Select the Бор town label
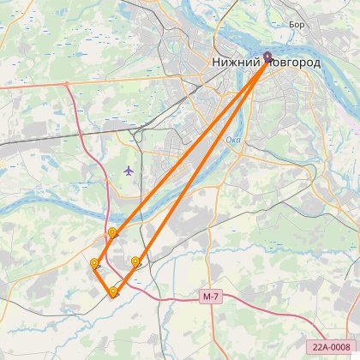click(297, 26)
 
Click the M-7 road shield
click(212, 296)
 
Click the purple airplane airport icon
click(129, 170)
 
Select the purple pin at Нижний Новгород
click(267, 57)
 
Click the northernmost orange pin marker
click(112, 232)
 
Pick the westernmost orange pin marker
click(93, 263)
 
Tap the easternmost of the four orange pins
click(135, 261)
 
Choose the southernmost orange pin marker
click(113, 292)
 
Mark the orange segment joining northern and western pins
click(103, 249)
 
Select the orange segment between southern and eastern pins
click(124, 278)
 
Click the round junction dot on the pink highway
click(66, 84)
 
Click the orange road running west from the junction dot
click(30, 87)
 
